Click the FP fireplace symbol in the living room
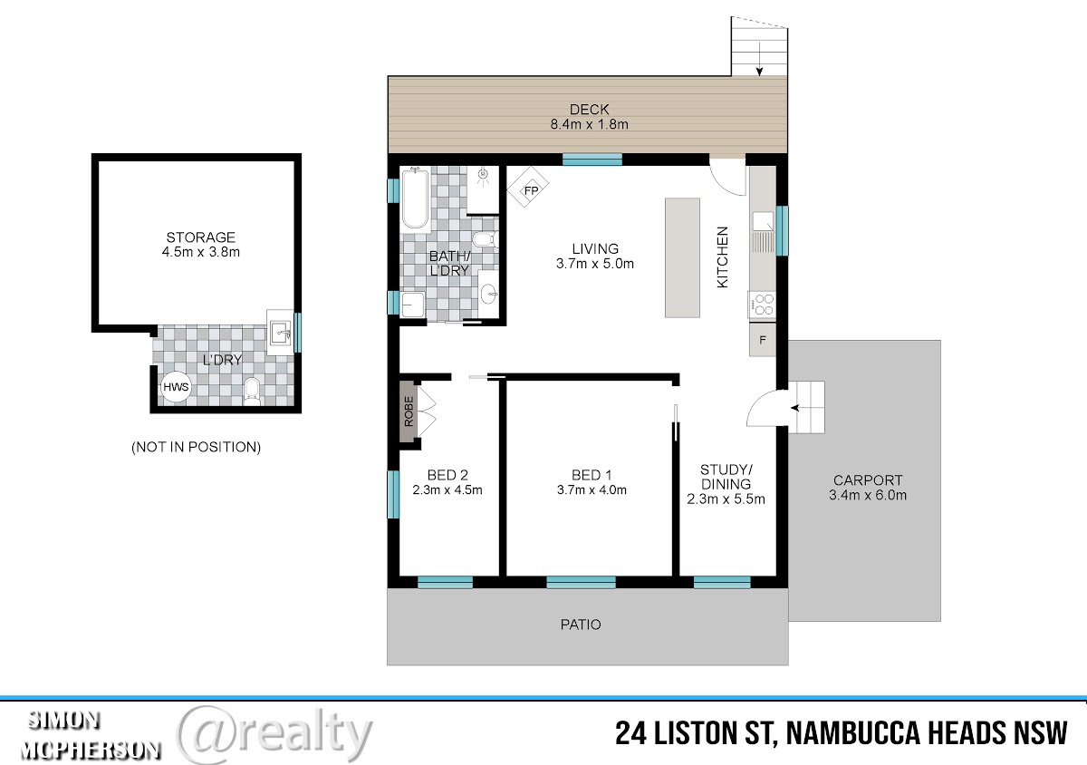(527, 187)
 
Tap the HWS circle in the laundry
(176, 387)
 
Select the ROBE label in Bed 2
(409, 412)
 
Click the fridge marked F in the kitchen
(763, 340)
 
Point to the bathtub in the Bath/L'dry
(415, 199)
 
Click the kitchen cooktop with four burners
(763, 305)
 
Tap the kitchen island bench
(682, 258)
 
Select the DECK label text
(589, 110)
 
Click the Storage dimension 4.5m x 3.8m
(201, 252)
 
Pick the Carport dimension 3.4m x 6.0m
(868, 495)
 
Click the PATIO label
(581, 625)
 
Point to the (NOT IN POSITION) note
(196, 447)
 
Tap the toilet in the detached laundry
(252, 392)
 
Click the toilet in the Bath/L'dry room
(485, 239)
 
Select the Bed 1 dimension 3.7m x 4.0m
(592, 489)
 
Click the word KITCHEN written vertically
(723, 257)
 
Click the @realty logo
(274, 732)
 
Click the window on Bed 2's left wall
(393, 494)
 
